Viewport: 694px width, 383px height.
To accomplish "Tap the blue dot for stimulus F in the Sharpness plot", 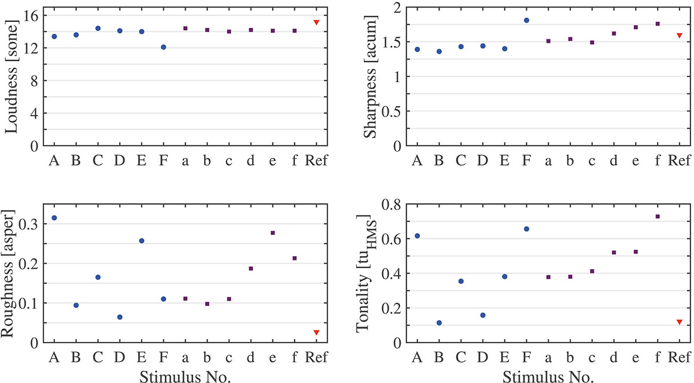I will tap(526, 20).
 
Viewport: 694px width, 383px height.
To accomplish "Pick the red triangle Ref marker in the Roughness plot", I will tap(316, 333).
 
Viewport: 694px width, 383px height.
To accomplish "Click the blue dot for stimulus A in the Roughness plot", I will tap(54, 218).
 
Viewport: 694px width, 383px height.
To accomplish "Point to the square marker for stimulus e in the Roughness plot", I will tap(273, 233).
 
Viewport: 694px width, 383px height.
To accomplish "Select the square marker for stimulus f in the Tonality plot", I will tap(658, 216).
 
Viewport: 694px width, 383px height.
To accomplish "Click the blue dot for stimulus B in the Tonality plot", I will tap(439, 323).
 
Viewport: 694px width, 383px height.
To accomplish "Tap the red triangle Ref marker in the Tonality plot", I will tap(680, 322).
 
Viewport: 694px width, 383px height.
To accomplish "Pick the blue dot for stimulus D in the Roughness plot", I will tap(120, 317).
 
